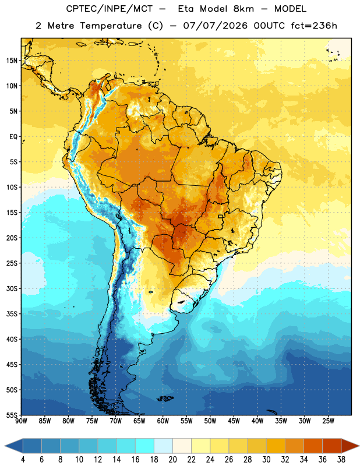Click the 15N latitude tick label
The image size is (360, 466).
coord(12,61)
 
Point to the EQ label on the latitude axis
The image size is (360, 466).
coord(13,137)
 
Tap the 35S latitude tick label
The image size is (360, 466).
coord(12,314)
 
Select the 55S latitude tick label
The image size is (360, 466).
coord(12,415)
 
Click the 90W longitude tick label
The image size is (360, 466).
coord(21,421)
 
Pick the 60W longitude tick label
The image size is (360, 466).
coord(163,421)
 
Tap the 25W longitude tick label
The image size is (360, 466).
coord(328,421)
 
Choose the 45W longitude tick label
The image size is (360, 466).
coord(234,421)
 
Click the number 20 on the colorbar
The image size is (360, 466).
coord(172,460)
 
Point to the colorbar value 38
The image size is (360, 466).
coord(341,460)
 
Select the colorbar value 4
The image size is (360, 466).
coord(23,460)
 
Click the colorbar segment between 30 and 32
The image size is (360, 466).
coord(276,446)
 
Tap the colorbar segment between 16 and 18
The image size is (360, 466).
coord(145,446)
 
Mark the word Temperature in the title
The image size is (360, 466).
coord(111,26)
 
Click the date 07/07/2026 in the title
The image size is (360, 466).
coord(215,26)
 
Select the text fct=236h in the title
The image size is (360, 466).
coord(314,26)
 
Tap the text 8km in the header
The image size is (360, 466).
coord(243,9)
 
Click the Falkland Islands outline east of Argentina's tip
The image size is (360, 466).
coord(164,398)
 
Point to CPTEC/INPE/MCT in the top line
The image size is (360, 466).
coord(110,9)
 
